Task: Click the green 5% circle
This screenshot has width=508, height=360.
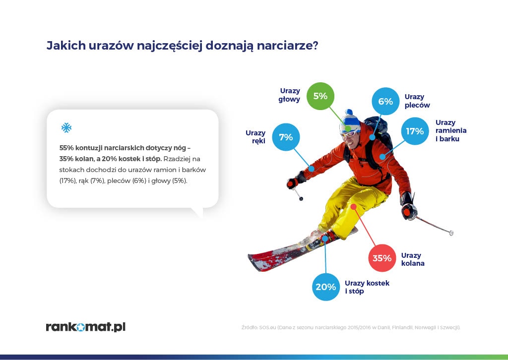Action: (x=320, y=96)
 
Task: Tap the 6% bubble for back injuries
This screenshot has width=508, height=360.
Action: (x=385, y=101)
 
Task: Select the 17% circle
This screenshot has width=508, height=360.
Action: (x=415, y=131)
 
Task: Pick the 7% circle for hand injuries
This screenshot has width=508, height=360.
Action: (x=286, y=137)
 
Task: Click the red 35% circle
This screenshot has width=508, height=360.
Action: (x=382, y=258)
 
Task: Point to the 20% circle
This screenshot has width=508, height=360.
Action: (x=326, y=287)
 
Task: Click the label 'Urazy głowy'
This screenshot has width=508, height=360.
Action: (x=289, y=95)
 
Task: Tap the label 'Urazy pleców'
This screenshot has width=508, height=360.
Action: (x=417, y=101)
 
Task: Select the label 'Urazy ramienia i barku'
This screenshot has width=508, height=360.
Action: (x=451, y=130)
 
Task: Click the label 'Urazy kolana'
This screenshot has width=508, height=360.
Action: (x=413, y=259)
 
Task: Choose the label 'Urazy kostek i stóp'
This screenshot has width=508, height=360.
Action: (x=367, y=287)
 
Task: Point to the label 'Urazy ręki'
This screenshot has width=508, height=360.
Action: (x=255, y=137)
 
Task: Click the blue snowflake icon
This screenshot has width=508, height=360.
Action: (x=66, y=127)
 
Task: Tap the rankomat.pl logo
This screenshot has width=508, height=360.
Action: (x=85, y=327)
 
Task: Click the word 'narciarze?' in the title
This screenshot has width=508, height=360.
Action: (x=288, y=45)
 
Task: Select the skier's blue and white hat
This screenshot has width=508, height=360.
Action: (x=350, y=120)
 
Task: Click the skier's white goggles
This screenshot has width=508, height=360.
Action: (x=349, y=133)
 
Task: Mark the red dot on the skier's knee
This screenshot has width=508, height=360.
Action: (x=353, y=206)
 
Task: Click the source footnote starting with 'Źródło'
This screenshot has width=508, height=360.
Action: (x=351, y=327)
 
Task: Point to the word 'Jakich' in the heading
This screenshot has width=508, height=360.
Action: (x=66, y=45)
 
